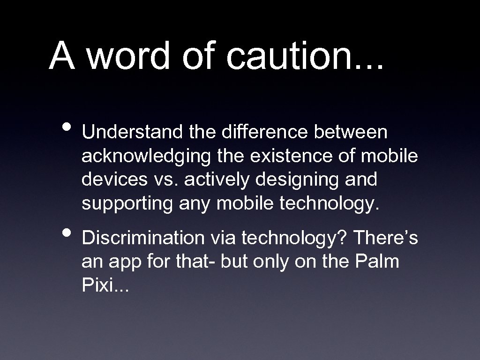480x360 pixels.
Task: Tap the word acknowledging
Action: pyautogui.click(x=146, y=157)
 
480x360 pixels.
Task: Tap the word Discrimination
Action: pyautogui.click(x=142, y=239)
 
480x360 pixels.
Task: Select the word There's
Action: pyautogui.click(x=385, y=239)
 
